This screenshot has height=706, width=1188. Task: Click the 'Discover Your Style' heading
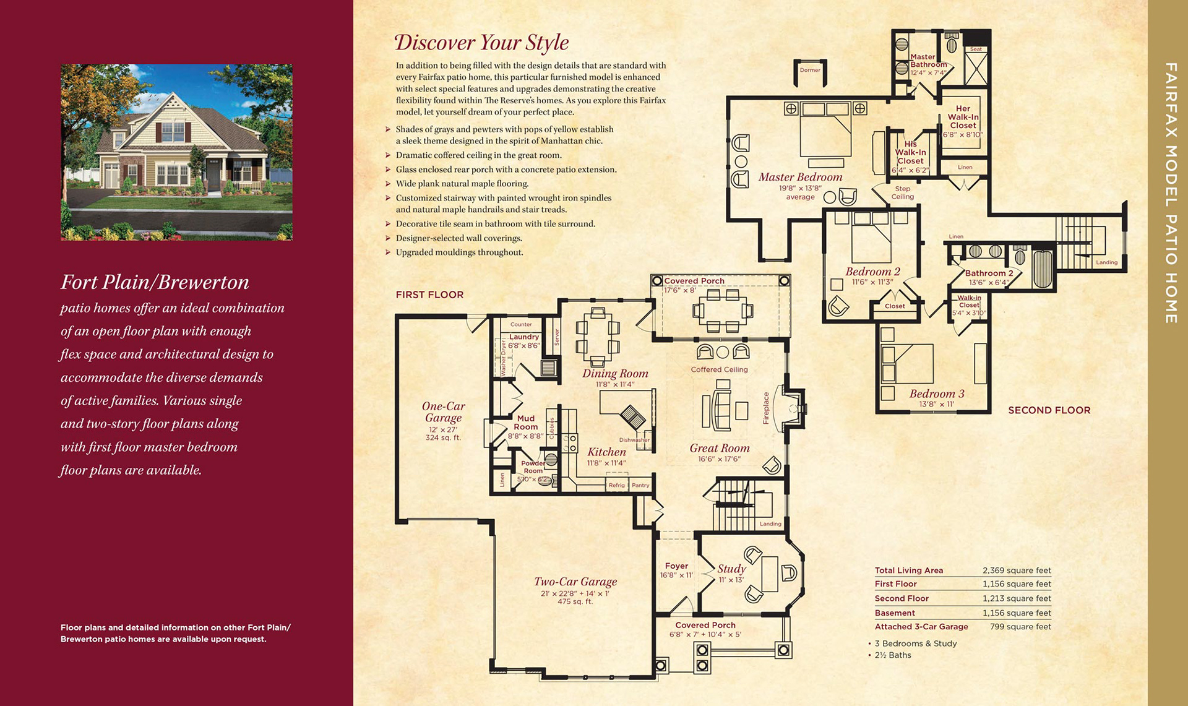pos(481,43)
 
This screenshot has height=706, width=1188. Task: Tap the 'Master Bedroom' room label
pos(800,177)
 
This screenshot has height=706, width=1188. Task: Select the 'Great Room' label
pos(720,448)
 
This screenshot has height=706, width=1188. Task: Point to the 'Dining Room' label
pos(615,373)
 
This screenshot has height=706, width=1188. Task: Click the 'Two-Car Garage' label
pos(575,582)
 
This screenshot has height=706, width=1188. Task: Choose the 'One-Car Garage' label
pos(443,412)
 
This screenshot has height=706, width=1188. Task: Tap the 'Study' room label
pos(731,569)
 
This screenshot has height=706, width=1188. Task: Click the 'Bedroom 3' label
pos(937,394)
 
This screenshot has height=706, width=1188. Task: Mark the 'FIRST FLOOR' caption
pos(429,295)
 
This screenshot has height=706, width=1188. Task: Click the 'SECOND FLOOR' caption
pos(1049,410)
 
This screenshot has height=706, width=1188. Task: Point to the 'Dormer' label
pos(810,70)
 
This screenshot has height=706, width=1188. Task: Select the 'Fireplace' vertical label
pos(766,408)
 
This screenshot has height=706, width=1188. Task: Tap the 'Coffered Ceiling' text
pos(720,369)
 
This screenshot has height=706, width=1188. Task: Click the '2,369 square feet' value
pos(1017,570)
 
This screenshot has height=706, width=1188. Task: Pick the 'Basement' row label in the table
pos(895,613)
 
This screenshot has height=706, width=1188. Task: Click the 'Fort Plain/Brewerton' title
pos(155,282)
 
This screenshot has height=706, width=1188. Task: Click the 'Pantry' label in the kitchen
pos(640,485)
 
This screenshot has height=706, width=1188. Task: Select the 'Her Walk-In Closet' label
pos(963,117)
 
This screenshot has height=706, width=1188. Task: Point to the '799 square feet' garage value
pos(1020,627)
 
